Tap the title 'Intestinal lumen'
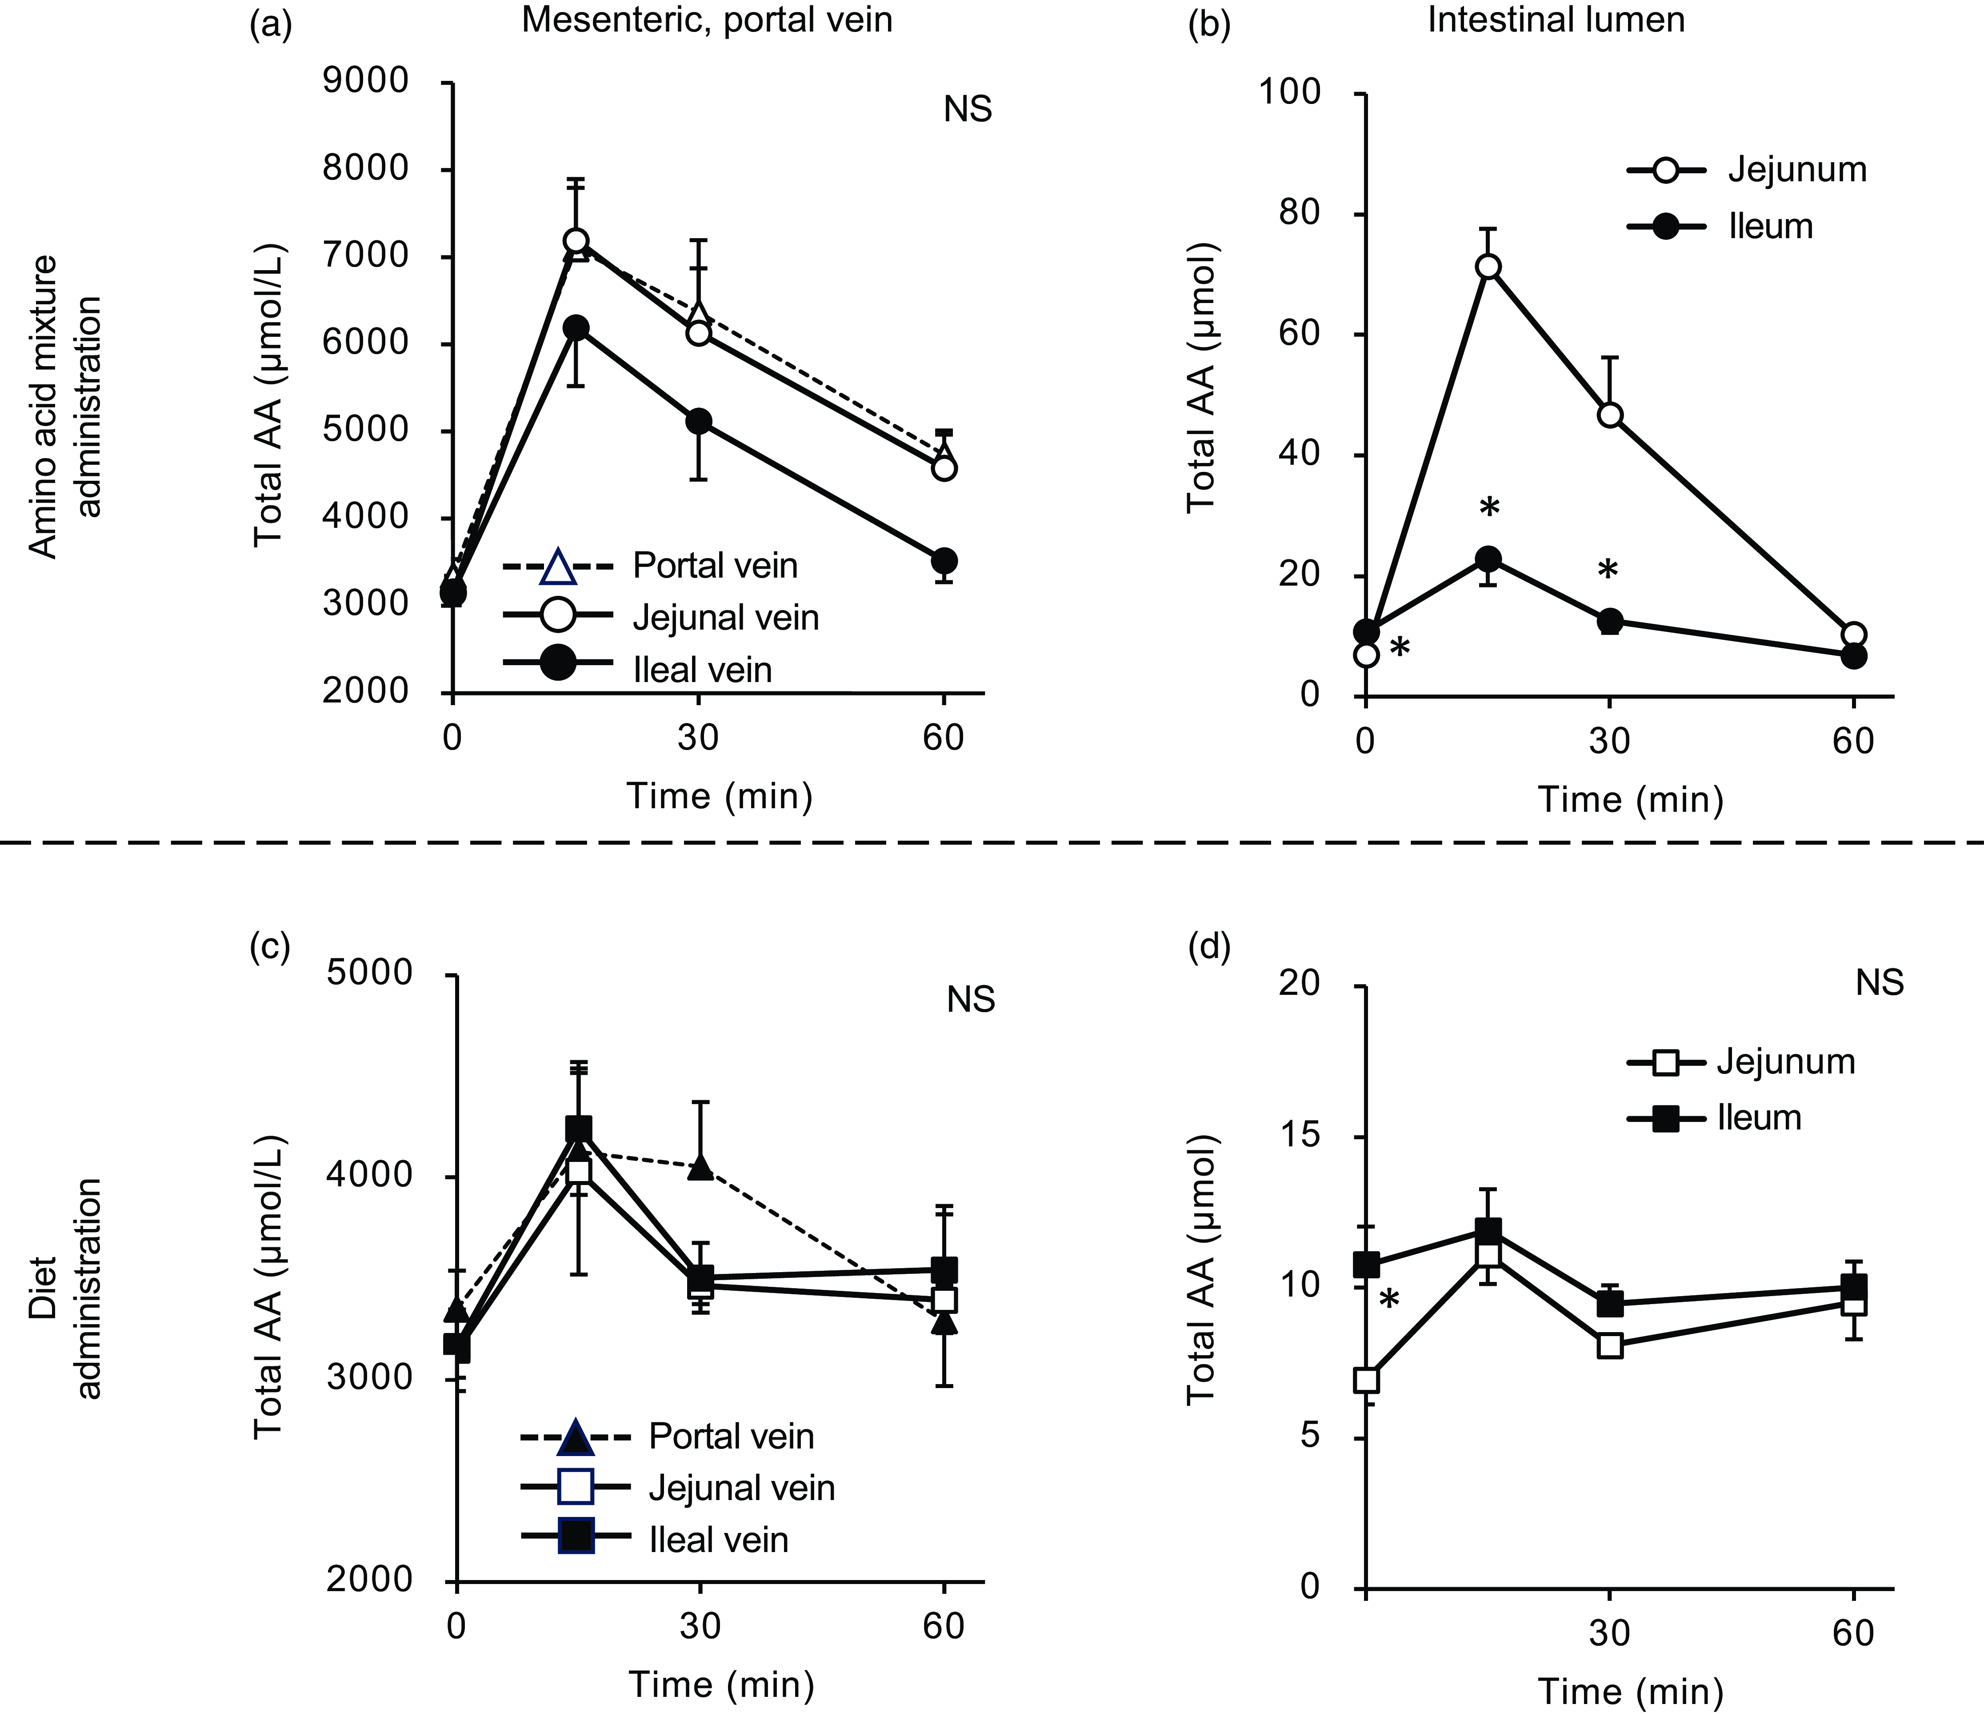pyautogui.click(x=1556, y=20)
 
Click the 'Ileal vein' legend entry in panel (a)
pyautogui.click(x=702, y=669)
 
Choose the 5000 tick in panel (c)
pyautogui.click(x=369, y=973)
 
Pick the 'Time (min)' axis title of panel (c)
pyautogui.click(x=720, y=1684)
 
